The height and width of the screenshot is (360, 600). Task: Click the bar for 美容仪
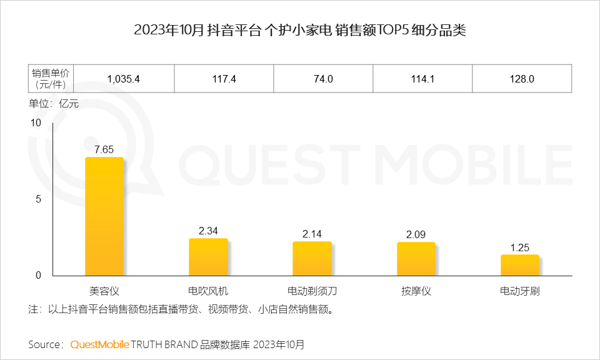tap(104, 216)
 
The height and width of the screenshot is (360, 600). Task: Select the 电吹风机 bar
tap(208, 257)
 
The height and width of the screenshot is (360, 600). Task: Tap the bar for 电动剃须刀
tap(312, 258)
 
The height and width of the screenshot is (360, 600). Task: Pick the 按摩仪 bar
tap(416, 259)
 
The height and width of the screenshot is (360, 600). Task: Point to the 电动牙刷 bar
tap(519, 265)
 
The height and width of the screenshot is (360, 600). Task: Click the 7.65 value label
tap(104, 149)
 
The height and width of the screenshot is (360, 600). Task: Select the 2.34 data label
tap(208, 231)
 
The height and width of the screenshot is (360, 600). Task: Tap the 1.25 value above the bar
tap(519, 247)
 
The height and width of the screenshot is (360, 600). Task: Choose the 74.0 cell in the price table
tap(323, 79)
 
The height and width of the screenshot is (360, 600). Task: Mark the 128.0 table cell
tap(522, 79)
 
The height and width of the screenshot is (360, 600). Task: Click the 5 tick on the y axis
tap(37, 199)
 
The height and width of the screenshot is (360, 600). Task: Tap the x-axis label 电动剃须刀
tap(312, 291)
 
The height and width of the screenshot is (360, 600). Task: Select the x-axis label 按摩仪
tap(416, 291)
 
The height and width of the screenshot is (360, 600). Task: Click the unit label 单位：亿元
tap(54, 104)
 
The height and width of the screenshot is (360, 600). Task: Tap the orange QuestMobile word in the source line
tap(100, 344)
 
